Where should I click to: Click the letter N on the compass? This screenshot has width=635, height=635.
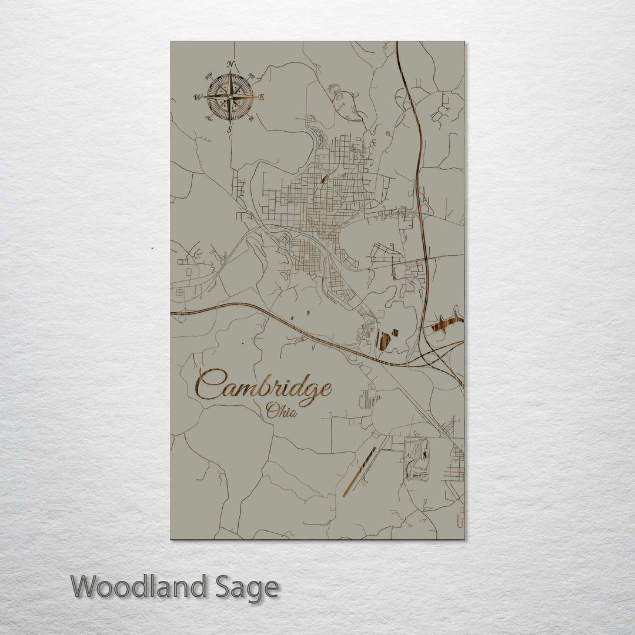(x=231, y=64)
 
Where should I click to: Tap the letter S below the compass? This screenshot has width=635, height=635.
(x=230, y=129)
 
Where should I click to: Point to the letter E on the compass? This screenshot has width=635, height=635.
(x=262, y=97)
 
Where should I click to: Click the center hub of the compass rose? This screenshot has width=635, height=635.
(x=230, y=96)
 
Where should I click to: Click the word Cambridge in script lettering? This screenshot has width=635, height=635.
(x=263, y=386)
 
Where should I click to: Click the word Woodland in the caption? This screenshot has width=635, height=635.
(x=139, y=587)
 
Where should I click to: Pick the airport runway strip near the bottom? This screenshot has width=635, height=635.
(x=360, y=471)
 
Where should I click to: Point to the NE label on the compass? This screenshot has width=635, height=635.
(x=252, y=75)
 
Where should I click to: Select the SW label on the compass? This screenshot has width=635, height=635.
(x=209, y=118)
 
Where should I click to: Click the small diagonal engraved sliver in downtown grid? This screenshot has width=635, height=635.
(x=324, y=178)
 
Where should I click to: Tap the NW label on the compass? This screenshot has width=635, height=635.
(x=209, y=76)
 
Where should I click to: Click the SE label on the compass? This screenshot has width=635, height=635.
(x=251, y=118)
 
